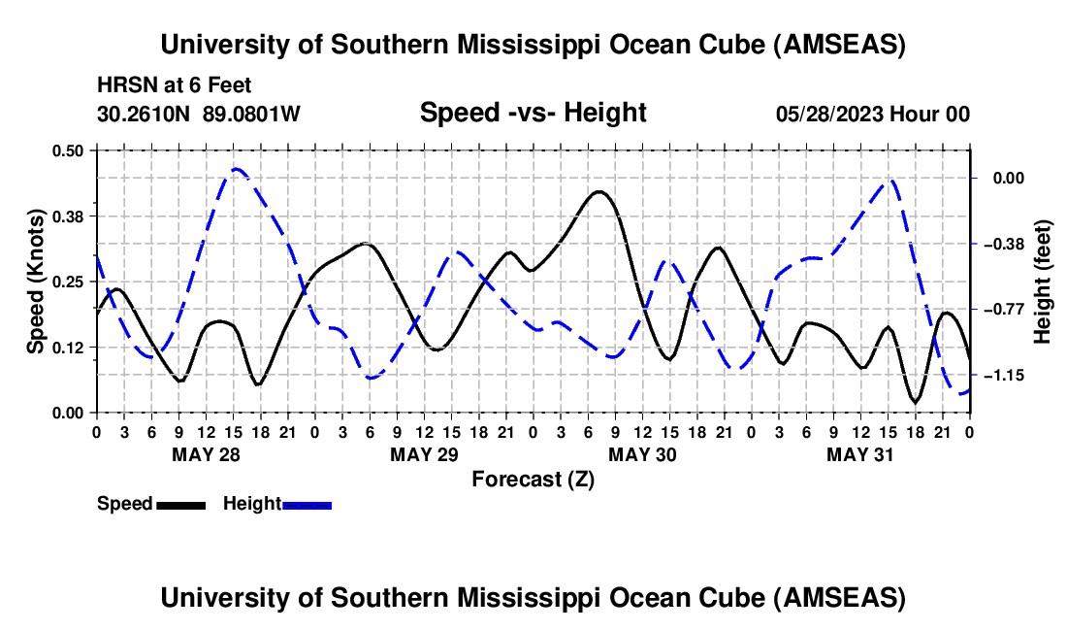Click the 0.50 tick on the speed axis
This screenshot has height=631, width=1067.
(x=67, y=150)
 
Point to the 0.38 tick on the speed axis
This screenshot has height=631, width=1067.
(x=67, y=216)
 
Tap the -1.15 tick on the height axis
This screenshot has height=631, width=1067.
(x=1008, y=375)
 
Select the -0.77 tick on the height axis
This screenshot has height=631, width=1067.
(x=1008, y=310)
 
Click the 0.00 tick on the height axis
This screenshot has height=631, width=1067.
(x=1009, y=179)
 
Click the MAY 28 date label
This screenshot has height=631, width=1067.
(x=207, y=454)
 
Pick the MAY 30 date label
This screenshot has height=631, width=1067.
(x=642, y=454)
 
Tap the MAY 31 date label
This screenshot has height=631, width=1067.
(x=860, y=454)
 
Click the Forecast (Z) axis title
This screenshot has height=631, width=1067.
(x=533, y=480)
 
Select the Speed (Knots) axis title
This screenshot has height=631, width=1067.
(x=35, y=282)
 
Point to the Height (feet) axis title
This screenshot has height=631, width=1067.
(x=1042, y=282)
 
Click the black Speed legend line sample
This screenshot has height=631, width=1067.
(x=181, y=505)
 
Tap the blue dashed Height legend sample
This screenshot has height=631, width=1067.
(x=307, y=505)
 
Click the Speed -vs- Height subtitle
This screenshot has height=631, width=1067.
(x=533, y=113)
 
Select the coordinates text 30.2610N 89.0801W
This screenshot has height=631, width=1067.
(x=199, y=114)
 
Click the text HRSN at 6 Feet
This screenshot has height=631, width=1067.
(x=175, y=85)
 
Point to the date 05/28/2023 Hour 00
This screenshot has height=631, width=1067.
(x=873, y=114)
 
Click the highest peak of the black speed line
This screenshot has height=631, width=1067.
(x=598, y=192)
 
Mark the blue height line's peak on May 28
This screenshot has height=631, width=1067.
(x=236, y=168)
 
